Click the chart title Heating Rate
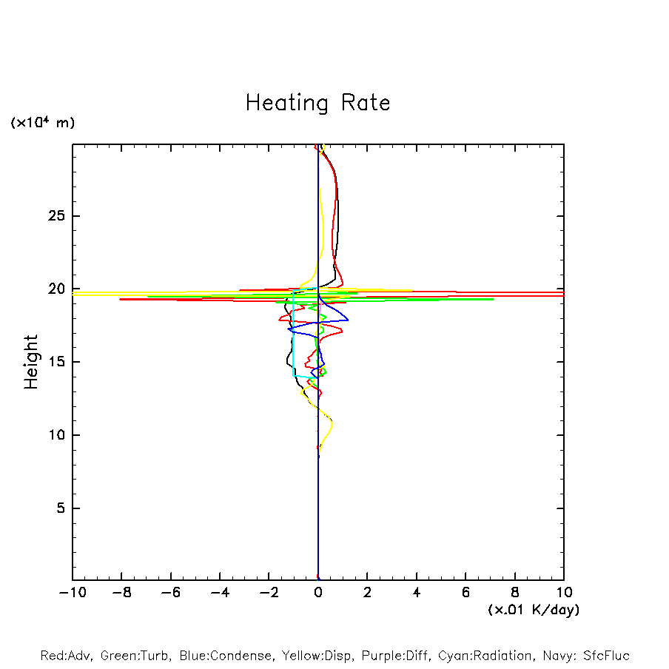317,103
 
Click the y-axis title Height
31,362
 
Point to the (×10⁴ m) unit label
42,123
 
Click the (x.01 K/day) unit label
533,610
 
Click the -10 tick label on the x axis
72,593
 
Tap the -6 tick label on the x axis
170,593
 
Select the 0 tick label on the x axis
318,593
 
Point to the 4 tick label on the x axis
417,593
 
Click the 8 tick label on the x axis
515,593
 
